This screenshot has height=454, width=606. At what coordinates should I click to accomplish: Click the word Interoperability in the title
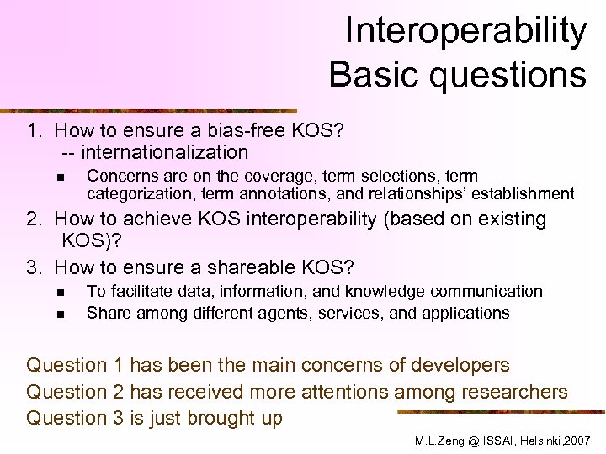[465, 32]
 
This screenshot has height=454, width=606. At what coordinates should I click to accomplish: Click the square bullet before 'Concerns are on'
[61, 177]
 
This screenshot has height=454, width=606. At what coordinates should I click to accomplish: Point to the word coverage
[300, 177]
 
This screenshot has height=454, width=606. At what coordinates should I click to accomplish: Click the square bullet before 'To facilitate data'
[61, 293]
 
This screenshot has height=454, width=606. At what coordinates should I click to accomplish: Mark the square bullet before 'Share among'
[61, 314]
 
